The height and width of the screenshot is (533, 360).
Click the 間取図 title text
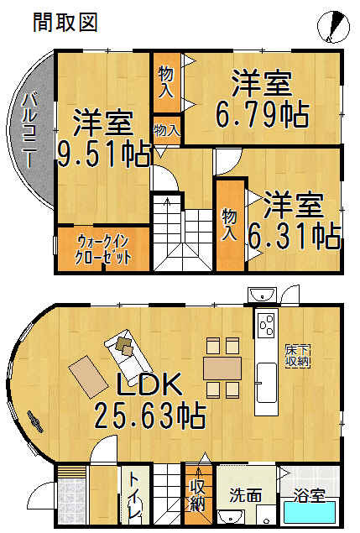click(x=65, y=23)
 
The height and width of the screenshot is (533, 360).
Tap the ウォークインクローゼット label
click(x=102, y=248)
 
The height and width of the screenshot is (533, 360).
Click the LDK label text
click(x=150, y=385)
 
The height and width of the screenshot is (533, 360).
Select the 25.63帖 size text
click(x=151, y=414)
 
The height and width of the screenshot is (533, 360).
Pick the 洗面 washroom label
click(x=236, y=494)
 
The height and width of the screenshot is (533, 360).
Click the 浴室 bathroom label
click(x=310, y=494)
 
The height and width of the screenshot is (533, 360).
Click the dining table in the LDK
click(x=222, y=367)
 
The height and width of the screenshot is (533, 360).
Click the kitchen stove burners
click(x=268, y=323)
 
